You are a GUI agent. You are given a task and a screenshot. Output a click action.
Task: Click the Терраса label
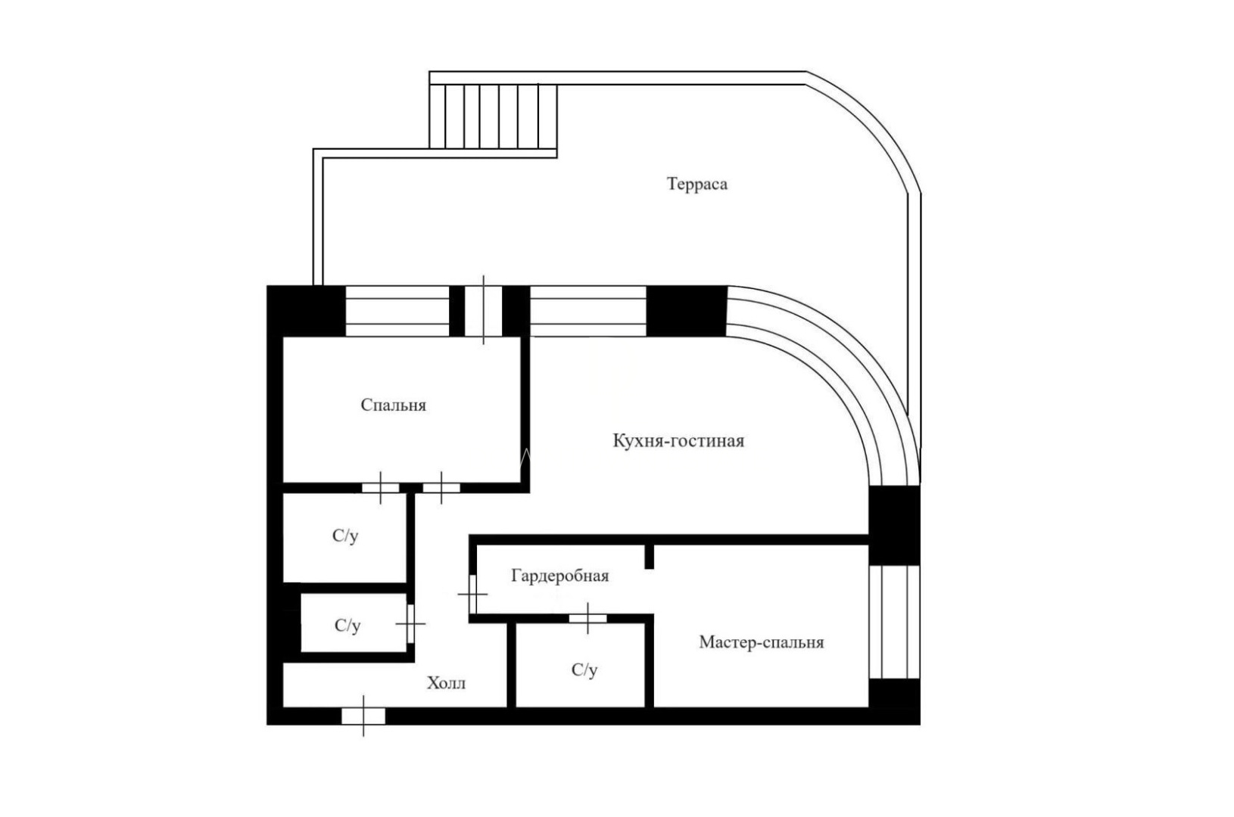(697, 184)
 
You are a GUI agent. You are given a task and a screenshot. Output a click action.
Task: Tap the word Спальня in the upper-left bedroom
(394, 405)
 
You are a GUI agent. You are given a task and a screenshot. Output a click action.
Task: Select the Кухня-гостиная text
(678, 440)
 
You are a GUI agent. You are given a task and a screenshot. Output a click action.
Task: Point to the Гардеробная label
(559, 576)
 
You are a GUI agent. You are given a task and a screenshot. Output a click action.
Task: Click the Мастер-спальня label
(762, 642)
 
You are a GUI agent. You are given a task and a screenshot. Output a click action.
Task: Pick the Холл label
(446, 683)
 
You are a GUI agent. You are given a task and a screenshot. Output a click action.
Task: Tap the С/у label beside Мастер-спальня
(584, 670)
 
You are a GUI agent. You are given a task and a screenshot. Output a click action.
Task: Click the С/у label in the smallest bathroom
(347, 626)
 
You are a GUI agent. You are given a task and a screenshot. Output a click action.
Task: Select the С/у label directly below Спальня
(345, 536)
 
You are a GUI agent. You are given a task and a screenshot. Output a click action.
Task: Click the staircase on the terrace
(493, 116)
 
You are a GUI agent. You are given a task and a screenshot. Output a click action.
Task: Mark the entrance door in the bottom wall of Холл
(363, 716)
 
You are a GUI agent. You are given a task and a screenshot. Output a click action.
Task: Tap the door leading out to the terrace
(483, 310)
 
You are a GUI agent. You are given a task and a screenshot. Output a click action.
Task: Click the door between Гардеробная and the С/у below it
(587, 618)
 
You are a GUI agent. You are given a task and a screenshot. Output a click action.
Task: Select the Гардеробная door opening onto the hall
(472, 594)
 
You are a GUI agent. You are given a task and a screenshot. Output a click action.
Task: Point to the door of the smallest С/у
(410, 624)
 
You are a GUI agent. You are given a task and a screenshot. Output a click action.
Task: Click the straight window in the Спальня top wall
(397, 311)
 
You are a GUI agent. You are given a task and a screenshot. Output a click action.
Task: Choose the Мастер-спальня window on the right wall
(894, 622)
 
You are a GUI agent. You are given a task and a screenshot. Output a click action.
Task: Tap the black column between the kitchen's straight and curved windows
(687, 311)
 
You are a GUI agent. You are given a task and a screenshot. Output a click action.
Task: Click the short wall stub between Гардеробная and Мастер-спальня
(649, 556)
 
